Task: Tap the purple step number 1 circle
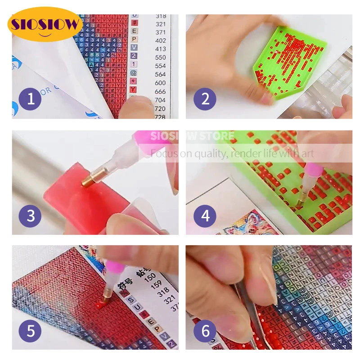pyautogui.click(x=30, y=99)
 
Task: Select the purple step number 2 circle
pyautogui.click(x=205, y=99)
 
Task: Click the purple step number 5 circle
pyautogui.click(x=30, y=331)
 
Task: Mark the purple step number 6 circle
pyautogui.click(x=205, y=331)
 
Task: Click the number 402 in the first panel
pyautogui.click(x=161, y=40)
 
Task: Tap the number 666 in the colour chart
pyautogui.click(x=161, y=91)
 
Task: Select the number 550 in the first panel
pyautogui.click(x=161, y=58)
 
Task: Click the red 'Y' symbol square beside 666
pyautogui.click(x=134, y=90)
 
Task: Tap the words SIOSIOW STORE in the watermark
pyautogui.click(x=192, y=136)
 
